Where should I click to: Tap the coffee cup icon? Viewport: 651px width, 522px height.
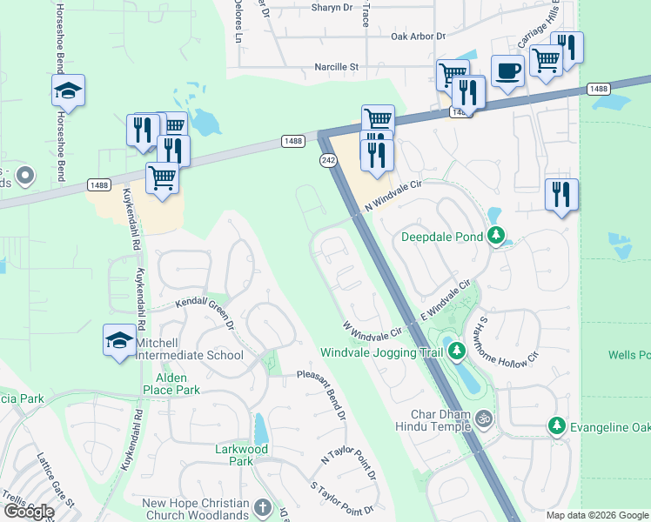click(x=507, y=70)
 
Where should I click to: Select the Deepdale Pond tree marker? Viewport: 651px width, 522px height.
click(x=496, y=236)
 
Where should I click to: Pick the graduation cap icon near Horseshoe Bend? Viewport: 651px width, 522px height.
click(x=68, y=90)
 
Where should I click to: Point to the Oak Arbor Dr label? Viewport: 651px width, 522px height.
click(x=418, y=37)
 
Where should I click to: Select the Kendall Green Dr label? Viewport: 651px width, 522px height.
click(x=205, y=313)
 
